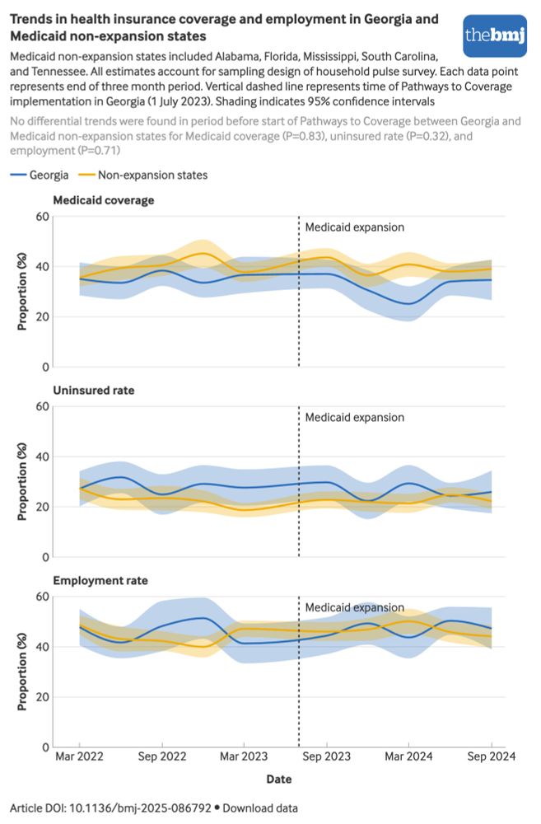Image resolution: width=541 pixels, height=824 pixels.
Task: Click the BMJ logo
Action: [x=494, y=35]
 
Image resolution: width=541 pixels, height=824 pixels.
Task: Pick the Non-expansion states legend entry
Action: [x=144, y=175]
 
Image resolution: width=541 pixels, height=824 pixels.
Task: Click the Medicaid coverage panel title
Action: [x=103, y=199]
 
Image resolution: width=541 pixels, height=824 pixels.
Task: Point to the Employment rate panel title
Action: [x=100, y=580]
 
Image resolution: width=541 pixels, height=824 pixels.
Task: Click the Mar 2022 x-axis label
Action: [x=80, y=756]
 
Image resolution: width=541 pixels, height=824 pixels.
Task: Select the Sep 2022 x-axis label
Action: [x=161, y=756]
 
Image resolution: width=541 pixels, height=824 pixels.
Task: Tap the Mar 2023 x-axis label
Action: [x=244, y=756]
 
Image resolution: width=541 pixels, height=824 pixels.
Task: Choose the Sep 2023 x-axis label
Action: [x=327, y=756]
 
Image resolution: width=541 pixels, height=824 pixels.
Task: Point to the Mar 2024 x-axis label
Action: [x=409, y=756]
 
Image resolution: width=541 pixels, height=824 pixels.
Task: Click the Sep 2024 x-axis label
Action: [x=492, y=756]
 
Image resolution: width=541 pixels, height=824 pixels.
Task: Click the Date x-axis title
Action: [x=278, y=778]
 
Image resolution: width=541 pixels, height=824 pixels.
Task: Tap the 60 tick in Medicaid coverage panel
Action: [x=40, y=217]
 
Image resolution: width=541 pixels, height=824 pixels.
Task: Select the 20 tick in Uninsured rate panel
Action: [x=40, y=507]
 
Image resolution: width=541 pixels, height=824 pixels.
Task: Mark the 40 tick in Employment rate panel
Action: [x=40, y=647]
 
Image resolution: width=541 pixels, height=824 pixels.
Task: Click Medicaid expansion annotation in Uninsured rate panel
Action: [x=355, y=417]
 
